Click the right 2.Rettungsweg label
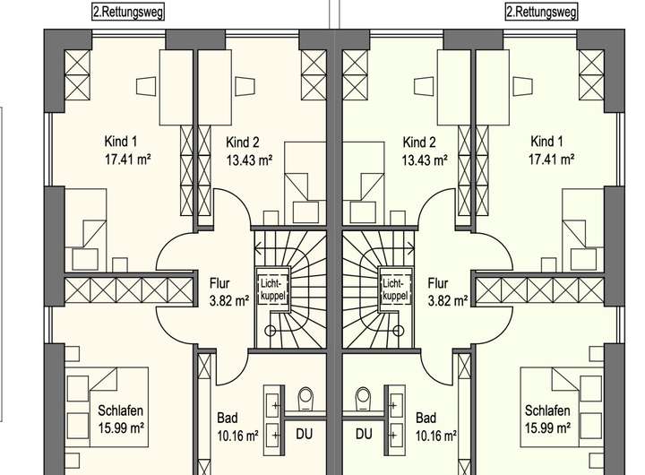[541, 12]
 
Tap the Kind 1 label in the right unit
[546, 141]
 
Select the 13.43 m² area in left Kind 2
[248, 161]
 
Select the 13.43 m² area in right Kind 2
[425, 161]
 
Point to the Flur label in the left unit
[221, 278]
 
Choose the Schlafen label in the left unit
[120, 411]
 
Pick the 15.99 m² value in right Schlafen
[547, 428]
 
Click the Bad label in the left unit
[228, 418]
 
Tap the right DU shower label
[364, 435]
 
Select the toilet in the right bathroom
[362, 395]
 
